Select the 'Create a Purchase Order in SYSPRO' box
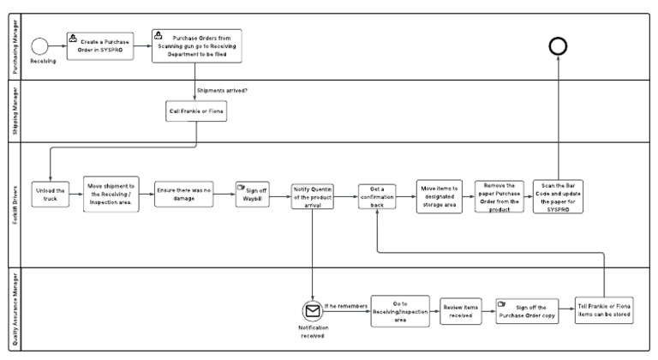coord(98,45)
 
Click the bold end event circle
coord(559,47)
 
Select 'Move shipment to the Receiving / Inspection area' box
coord(112,195)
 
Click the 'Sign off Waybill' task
coord(253,195)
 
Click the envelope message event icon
coord(313,311)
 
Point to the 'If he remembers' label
coord(346,305)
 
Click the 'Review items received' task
coord(461,311)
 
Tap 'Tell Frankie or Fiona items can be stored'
coord(606,310)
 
